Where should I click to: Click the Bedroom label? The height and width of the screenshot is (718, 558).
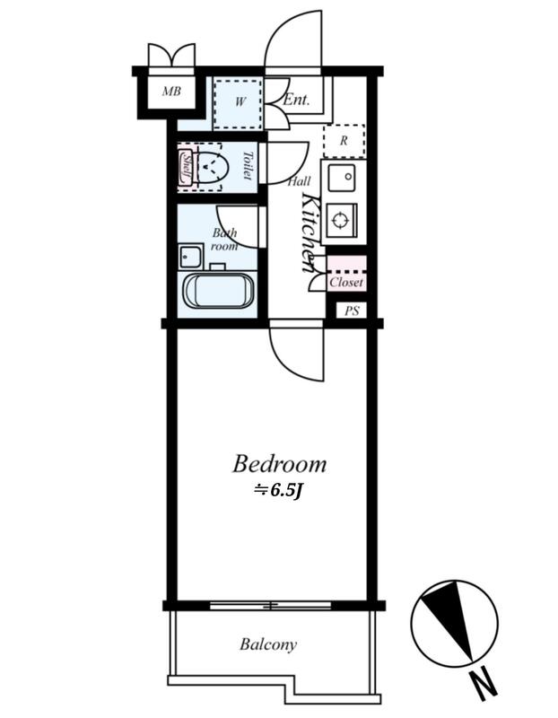(279, 464)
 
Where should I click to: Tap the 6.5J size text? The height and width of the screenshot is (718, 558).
(279, 490)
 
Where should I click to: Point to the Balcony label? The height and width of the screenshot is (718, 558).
(268, 644)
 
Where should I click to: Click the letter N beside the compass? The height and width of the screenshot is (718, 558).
(484, 684)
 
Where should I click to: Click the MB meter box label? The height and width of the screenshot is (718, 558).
(171, 92)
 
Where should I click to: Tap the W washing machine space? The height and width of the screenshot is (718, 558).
(238, 104)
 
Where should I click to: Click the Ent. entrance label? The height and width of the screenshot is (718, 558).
(296, 100)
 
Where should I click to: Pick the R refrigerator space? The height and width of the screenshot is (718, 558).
(344, 141)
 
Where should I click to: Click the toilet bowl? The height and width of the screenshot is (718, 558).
(212, 167)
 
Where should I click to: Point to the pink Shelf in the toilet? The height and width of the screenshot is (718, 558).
(186, 167)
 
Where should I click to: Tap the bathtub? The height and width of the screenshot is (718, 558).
(218, 292)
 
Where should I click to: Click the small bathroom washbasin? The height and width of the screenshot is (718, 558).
(191, 257)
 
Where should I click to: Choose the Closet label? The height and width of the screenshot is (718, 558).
(346, 283)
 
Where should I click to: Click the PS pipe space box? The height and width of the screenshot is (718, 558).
(352, 311)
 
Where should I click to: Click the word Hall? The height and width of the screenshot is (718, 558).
(300, 182)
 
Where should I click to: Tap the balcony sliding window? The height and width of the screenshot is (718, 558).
(271, 605)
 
